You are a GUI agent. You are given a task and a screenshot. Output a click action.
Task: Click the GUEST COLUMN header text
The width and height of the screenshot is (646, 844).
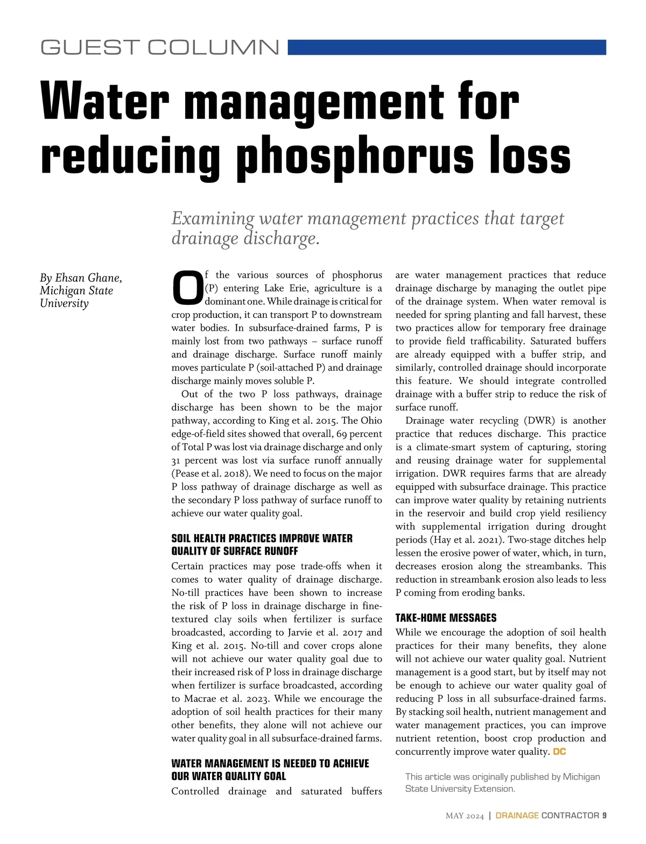[160, 47]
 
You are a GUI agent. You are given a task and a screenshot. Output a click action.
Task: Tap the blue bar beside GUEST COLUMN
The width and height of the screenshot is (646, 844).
[447, 47]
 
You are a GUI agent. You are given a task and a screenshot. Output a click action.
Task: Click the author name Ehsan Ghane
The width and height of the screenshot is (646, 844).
[88, 278]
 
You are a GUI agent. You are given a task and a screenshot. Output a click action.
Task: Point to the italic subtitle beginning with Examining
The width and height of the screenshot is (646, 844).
[367, 228]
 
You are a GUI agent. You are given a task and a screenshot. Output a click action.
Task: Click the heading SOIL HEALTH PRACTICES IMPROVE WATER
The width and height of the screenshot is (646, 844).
[262, 538]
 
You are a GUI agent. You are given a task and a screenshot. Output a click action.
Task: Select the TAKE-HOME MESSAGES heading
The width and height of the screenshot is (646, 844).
[446, 618]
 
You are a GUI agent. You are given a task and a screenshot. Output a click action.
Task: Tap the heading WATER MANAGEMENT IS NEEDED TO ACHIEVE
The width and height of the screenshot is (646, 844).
[270, 764]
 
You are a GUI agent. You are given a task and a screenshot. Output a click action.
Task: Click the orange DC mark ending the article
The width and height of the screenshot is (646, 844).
[559, 752]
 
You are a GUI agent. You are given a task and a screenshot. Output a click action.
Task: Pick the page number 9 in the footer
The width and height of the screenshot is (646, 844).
[605, 815]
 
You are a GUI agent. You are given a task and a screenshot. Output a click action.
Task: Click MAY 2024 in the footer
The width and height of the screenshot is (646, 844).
[465, 816]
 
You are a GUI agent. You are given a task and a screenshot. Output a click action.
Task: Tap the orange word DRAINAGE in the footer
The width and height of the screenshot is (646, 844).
[517, 815]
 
